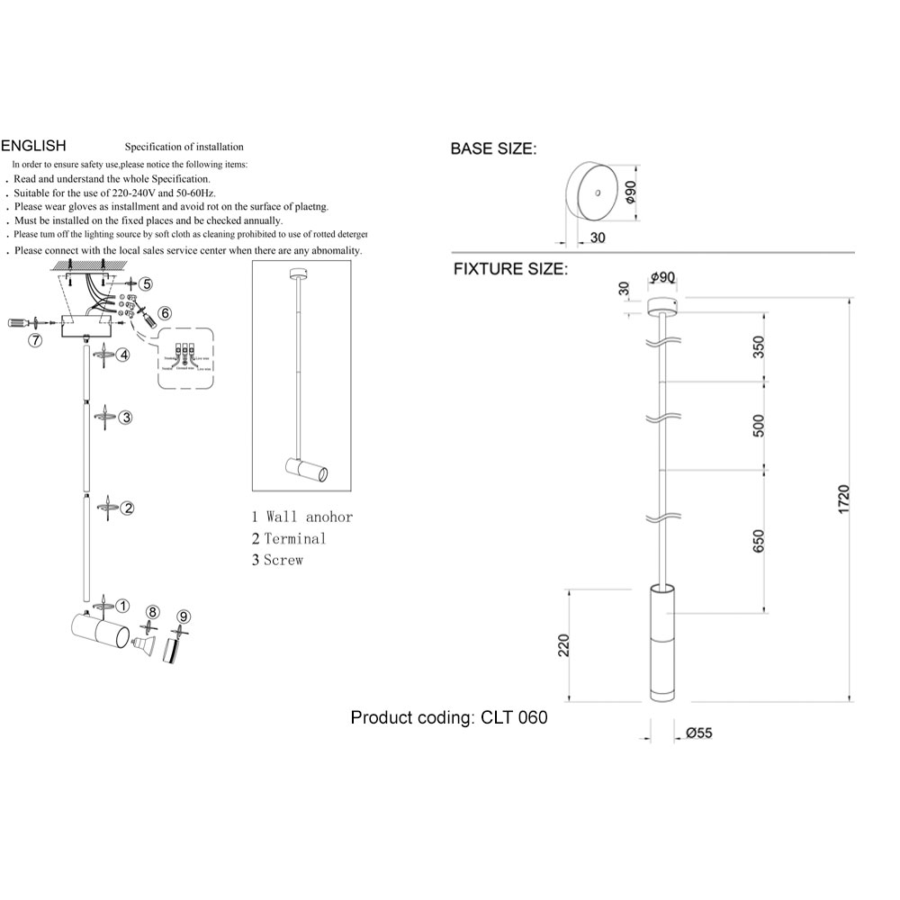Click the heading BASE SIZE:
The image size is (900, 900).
coord(493,148)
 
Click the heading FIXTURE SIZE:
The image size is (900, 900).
coord(509,268)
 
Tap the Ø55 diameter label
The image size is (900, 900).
coord(698,733)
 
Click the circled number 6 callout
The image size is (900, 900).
coord(165,314)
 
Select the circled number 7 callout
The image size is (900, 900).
coord(35,340)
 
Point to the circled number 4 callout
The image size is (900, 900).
coord(122,355)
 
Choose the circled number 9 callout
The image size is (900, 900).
coord(184,616)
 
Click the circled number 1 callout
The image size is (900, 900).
coord(123,606)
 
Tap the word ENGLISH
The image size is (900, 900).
coord(34,145)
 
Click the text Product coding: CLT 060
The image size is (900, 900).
coord(448,717)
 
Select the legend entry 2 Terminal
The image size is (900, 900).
coord(289,538)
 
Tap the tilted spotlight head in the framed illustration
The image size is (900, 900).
coord(306,469)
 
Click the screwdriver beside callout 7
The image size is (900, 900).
coord(22,321)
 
